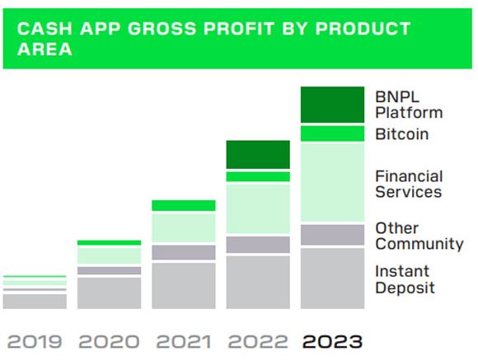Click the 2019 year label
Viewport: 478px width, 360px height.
pyautogui.click(x=35, y=341)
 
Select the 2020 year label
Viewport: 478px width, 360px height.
pyautogui.click(x=109, y=341)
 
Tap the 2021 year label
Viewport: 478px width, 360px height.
pyautogui.click(x=184, y=341)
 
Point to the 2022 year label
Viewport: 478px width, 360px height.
pyautogui.click(x=258, y=341)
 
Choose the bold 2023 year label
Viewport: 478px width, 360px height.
pyautogui.click(x=332, y=341)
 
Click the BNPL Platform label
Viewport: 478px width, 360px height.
pyautogui.click(x=409, y=105)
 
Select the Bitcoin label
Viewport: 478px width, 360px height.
pyautogui.click(x=402, y=134)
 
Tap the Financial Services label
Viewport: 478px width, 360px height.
pyautogui.click(x=409, y=184)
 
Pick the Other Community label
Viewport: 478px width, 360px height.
pyautogui.click(x=419, y=236)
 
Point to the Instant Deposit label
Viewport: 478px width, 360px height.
pyautogui.click(x=405, y=279)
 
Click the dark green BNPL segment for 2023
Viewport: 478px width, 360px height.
pyautogui.click(x=332, y=105)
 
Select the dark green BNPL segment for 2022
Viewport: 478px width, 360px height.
pyautogui.click(x=258, y=155)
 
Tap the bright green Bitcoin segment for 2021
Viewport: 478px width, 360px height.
pyautogui.click(x=184, y=205)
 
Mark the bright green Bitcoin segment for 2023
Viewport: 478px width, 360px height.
pyautogui.click(x=332, y=133)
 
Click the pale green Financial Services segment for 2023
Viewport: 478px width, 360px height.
pyautogui.click(x=332, y=182)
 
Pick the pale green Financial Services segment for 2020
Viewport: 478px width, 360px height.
pyautogui.click(x=109, y=255)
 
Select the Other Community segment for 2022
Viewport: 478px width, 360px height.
pyautogui.click(x=258, y=245)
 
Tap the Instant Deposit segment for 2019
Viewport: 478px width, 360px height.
pyautogui.click(x=35, y=302)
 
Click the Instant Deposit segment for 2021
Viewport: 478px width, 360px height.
pyautogui.click(x=184, y=286)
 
